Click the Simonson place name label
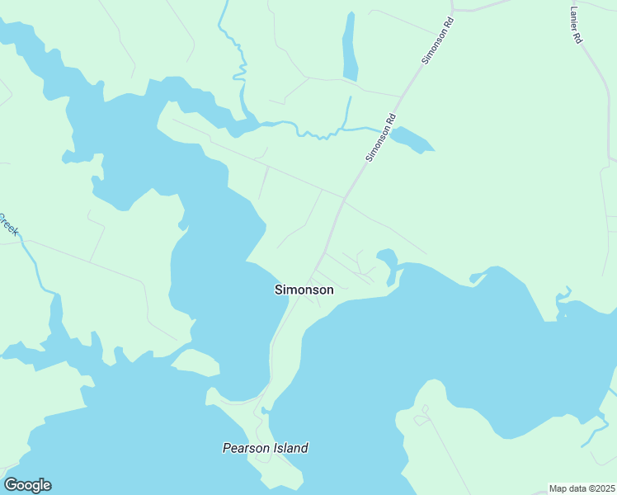click(304, 290)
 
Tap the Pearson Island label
click(265, 448)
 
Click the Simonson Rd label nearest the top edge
click(437, 41)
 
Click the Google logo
click(27, 485)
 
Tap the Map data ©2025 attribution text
click(582, 488)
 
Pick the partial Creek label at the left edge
click(8, 224)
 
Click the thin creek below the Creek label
click(37, 268)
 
